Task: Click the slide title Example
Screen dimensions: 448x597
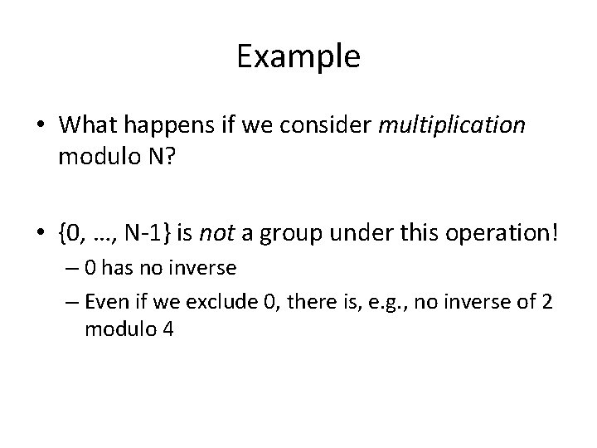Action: pyautogui.click(x=298, y=57)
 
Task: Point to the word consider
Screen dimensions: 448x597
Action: pyautogui.click(x=337, y=124)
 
